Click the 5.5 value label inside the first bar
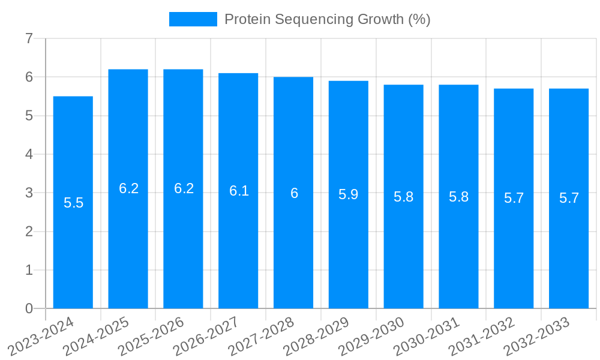pos(73,203)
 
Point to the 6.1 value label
pos(239,191)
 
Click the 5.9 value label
pos(349,194)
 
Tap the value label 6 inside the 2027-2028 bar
pos(294,193)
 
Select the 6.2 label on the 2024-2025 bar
pos(128,188)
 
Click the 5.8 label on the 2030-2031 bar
pos(459,197)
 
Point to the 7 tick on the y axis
pos(29,39)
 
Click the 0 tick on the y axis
pos(29,309)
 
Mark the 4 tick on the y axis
pos(29,155)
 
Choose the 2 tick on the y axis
pos(29,232)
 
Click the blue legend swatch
pos(193,19)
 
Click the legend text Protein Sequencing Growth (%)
pos(327,19)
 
